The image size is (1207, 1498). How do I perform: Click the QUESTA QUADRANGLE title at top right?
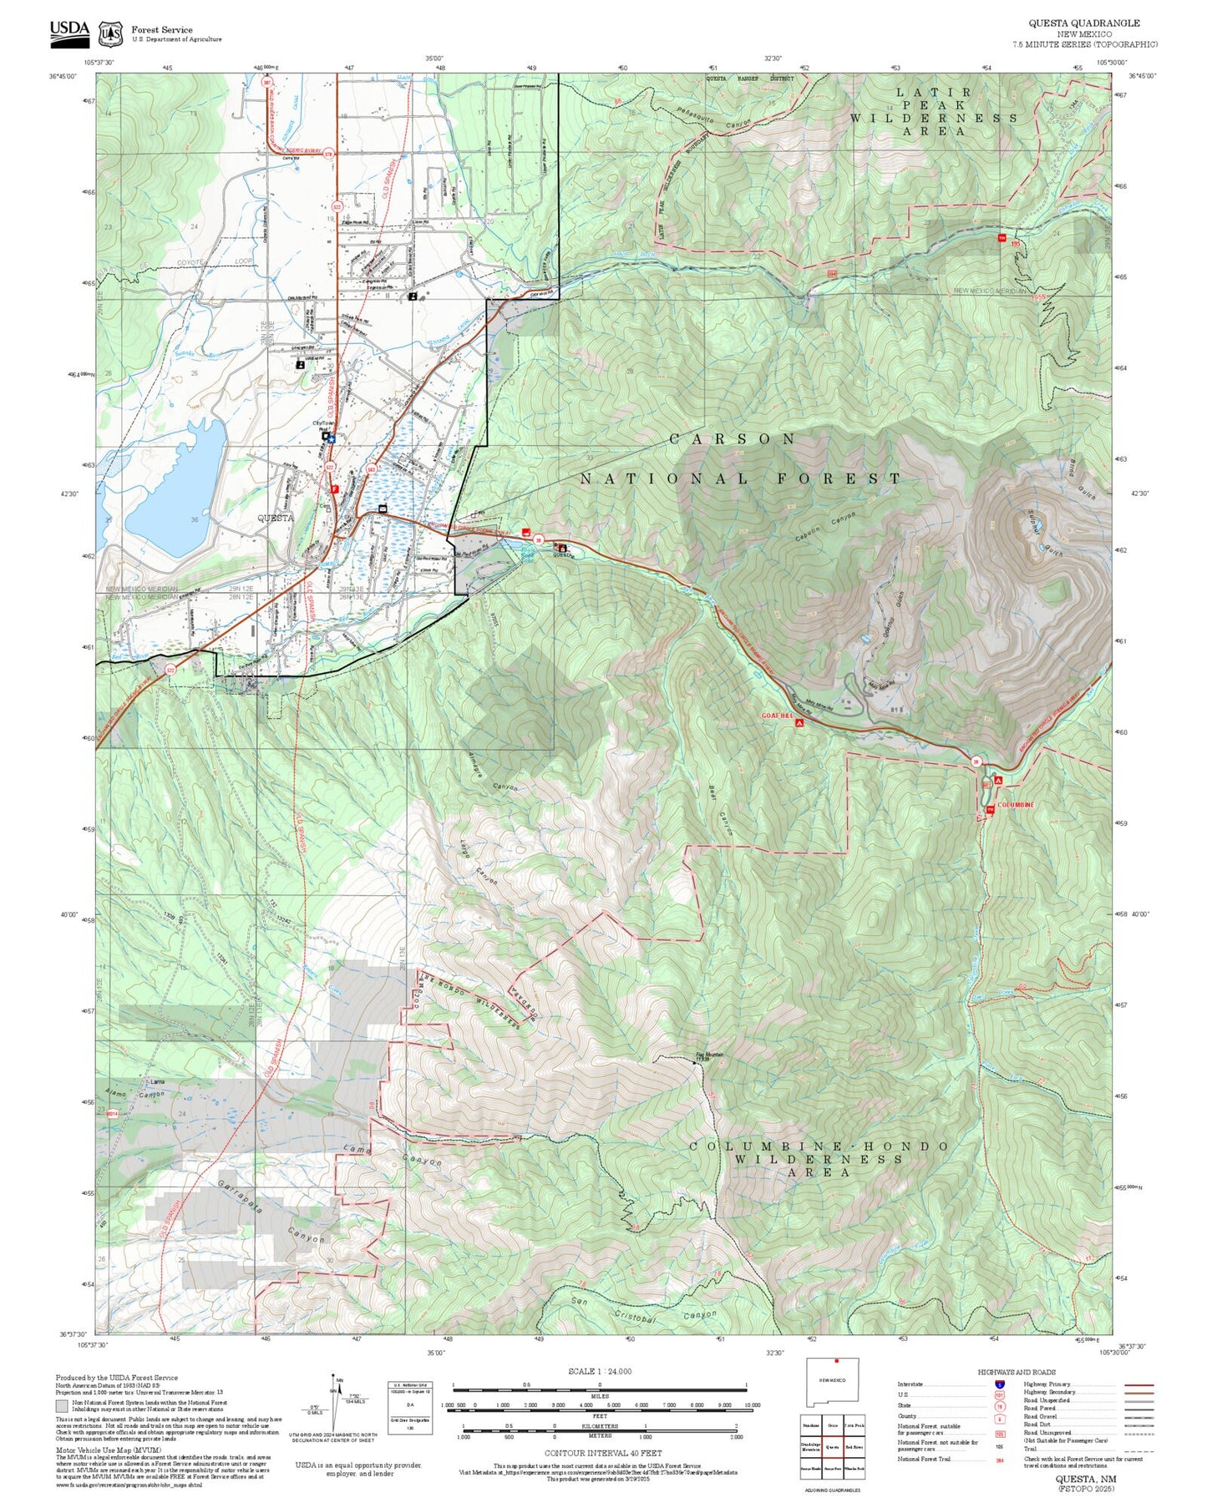click(x=1083, y=23)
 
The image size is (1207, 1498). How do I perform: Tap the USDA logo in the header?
click(x=69, y=31)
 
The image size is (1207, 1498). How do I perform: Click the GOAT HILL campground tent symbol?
click(x=799, y=723)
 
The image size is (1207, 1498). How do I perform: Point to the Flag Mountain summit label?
click(x=710, y=1055)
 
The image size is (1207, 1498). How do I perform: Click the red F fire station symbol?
click(x=334, y=489)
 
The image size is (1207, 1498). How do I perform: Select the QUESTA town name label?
click(x=275, y=518)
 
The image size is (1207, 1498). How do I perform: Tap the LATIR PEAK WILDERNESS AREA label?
click(x=935, y=111)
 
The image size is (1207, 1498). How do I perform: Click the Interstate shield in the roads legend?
click(x=1000, y=1384)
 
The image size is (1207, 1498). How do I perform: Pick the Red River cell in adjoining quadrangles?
click(x=854, y=1446)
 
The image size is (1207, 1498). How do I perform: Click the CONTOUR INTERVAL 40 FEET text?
click(x=602, y=1453)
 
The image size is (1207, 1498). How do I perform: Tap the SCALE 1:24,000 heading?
click(x=599, y=1371)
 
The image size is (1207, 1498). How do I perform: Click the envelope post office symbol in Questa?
click(x=383, y=509)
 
